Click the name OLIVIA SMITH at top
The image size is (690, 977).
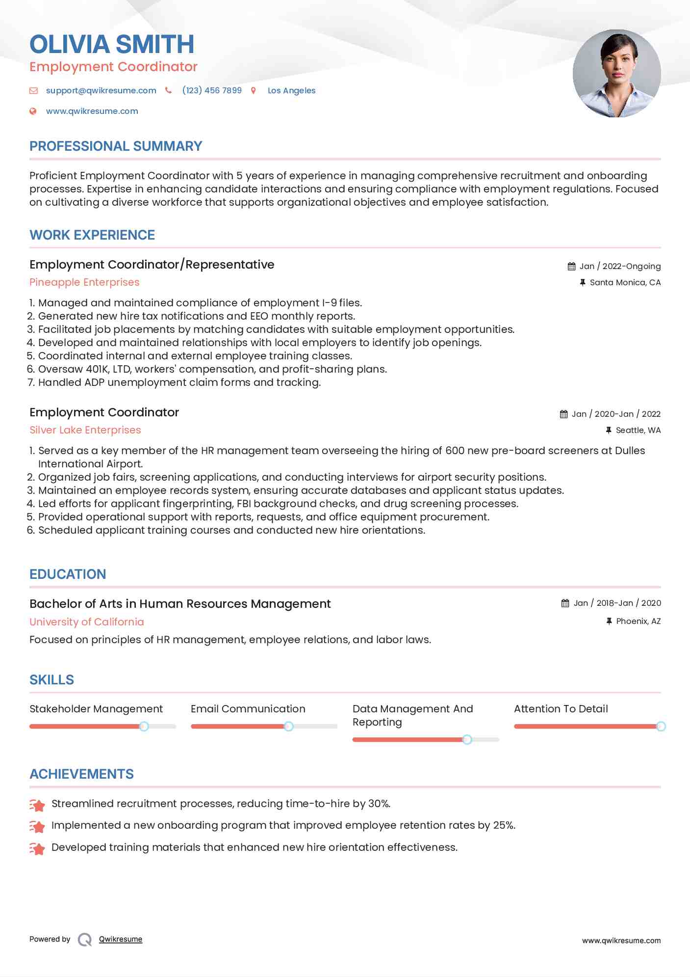pos(112,44)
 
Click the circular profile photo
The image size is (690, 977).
pos(616,74)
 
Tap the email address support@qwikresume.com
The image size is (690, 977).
pos(101,90)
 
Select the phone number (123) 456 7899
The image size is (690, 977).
pos(212,90)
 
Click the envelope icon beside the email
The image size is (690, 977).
pos(33,90)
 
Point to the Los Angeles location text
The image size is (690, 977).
pos(291,90)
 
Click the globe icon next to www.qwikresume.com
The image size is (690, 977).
pos(33,111)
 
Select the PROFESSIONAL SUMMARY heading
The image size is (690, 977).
pos(116,146)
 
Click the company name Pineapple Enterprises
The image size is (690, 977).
pos(84,282)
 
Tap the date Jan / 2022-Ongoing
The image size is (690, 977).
pos(620,266)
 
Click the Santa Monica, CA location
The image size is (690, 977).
pos(625,282)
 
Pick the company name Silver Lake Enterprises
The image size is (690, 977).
pos(85,430)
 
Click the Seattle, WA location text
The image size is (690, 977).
pos(638,430)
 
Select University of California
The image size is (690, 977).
pos(87,622)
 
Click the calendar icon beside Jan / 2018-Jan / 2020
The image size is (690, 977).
pos(565,603)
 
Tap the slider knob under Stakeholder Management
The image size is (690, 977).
pos(144,726)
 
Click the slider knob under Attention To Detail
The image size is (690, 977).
pos(661,726)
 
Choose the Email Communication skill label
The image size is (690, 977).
pos(248,708)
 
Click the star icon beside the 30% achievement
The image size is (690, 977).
pos(37,804)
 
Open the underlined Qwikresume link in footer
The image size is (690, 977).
pos(121,939)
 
